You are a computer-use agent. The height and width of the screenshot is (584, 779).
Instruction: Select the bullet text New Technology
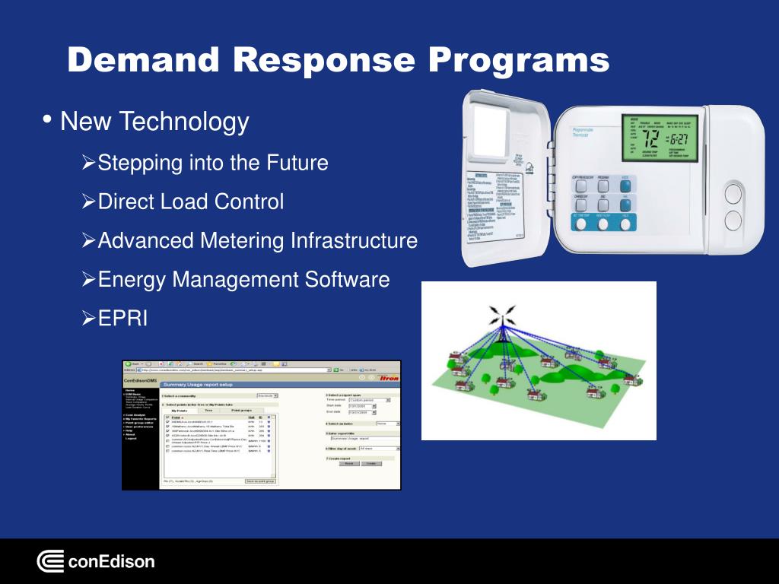point(154,122)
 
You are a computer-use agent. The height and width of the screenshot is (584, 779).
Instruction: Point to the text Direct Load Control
point(191,202)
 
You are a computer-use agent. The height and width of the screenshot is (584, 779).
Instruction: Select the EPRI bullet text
point(123,319)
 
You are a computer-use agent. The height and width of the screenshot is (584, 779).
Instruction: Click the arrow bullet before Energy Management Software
point(88,280)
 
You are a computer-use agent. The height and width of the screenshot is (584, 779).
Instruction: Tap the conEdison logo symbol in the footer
point(50,562)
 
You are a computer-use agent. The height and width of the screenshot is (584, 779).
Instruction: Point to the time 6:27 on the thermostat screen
point(679,141)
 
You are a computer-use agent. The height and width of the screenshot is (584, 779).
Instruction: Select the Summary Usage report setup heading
point(198,385)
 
